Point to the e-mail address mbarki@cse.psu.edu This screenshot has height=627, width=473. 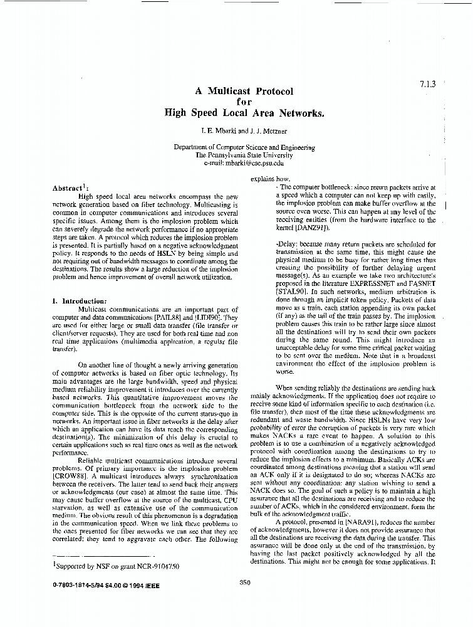point(252,162)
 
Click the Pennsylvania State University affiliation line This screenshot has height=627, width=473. point(244,154)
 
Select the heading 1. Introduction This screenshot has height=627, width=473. point(80,300)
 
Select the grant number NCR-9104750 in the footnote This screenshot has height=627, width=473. point(155,566)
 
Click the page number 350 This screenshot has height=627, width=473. point(245,582)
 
